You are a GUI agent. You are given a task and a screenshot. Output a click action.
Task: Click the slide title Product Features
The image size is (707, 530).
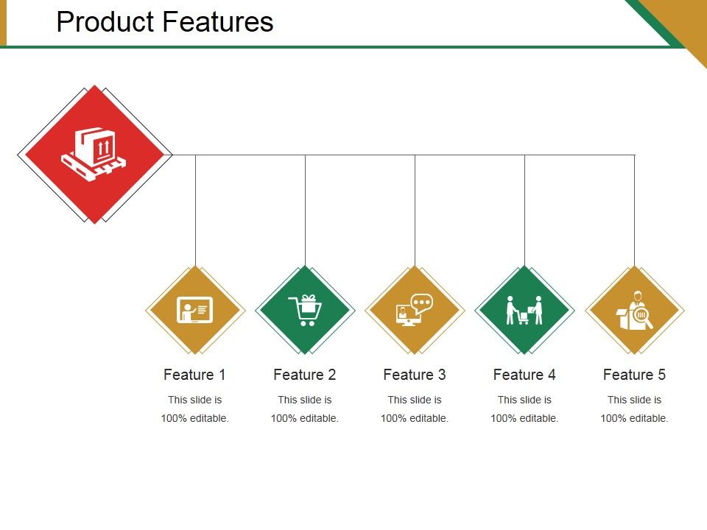[x=165, y=22]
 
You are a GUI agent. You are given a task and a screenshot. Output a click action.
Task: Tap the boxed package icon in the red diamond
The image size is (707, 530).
[x=94, y=154]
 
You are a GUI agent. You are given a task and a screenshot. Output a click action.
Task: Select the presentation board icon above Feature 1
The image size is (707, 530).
[x=195, y=310]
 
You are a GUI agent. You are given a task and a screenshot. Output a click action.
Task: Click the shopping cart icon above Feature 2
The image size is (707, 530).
[x=305, y=310]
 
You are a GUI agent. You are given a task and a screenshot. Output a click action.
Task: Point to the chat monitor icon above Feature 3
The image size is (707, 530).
[x=415, y=310]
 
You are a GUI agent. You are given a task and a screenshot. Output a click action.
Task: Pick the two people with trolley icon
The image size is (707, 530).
[x=524, y=310]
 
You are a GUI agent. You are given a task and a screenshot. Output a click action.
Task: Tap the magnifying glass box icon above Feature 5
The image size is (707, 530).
[x=634, y=310]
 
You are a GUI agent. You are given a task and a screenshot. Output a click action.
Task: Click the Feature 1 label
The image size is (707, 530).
[x=194, y=375]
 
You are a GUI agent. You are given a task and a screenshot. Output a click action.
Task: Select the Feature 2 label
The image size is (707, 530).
[x=304, y=375]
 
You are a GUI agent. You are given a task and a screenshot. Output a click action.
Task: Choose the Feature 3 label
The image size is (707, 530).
[x=415, y=375]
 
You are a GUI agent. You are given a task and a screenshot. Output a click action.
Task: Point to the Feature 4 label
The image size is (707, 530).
[x=524, y=375]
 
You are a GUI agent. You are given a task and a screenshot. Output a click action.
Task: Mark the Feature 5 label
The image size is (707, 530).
[x=634, y=375]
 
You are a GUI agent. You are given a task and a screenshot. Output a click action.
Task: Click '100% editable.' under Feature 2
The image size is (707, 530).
[x=305, y=418]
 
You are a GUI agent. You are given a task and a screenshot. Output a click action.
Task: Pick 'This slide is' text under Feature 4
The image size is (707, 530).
[x=524, y=400]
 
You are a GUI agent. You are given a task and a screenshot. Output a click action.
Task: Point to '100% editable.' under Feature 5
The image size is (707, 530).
[x=634, y=418]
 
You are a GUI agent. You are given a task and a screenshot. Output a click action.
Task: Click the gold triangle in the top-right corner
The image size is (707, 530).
[x=681, y=18]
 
